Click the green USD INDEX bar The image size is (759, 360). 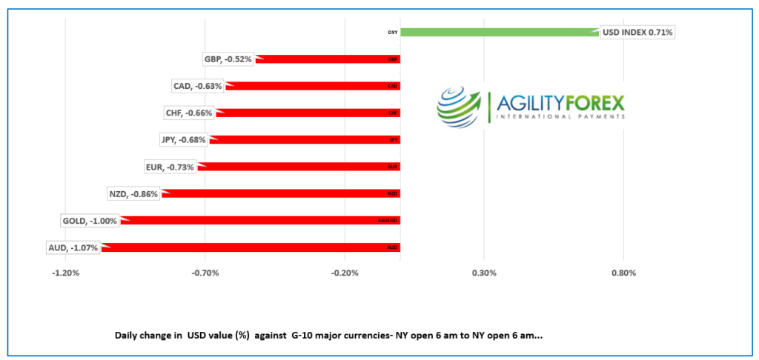point(500,33)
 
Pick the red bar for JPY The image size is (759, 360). point(304,140)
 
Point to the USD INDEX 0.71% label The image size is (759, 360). point(637,33)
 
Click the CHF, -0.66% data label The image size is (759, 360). point(189,113)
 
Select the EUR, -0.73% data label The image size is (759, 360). point(171,167)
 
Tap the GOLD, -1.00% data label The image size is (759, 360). point(90,221)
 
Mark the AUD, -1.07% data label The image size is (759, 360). point(73,247)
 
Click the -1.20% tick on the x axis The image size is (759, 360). point(65,273)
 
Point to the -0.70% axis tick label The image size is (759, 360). point(205,273)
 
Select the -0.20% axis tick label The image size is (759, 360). point(345,273)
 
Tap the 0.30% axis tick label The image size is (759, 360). point(484,273)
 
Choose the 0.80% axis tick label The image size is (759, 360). point(623,273)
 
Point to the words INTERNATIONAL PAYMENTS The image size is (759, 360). point(560,117)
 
